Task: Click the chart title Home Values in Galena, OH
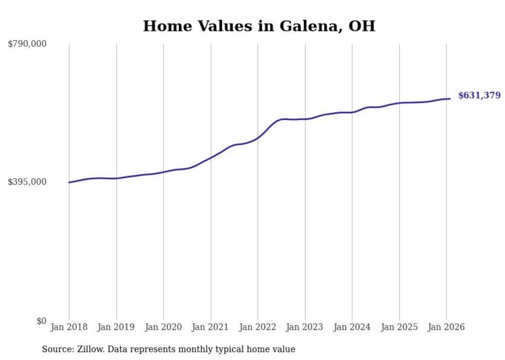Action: point(259,26)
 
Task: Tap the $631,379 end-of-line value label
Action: point(479,95)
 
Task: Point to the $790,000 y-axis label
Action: point(27,44)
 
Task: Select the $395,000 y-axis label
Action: point(27,182)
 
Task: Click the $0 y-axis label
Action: point(41,321)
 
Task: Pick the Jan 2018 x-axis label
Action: point(69,327)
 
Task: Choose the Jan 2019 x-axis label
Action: point(116,327)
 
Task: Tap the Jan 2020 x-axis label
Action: point(163,327)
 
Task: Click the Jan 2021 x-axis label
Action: point(210,327)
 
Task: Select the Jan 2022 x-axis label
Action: point(258,327)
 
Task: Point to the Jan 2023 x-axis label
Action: point(305,327)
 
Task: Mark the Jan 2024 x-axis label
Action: point(352,327)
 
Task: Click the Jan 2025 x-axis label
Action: point(399,327)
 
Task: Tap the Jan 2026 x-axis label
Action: point(446,327)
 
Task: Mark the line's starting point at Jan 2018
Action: point(69,182)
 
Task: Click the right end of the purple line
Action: point(450,99)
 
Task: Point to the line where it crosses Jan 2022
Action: point(258,138)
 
